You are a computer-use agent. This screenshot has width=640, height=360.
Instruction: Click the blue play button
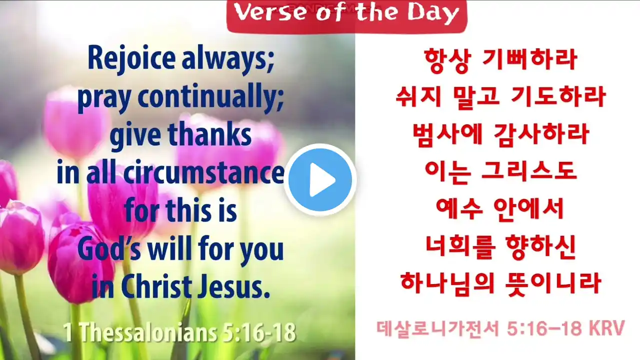pos(320,180)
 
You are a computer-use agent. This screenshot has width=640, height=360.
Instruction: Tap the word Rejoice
pos(131,58)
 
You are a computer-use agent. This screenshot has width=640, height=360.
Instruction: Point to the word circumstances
pos(204,173)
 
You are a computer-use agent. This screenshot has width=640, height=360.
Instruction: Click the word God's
pos(109,249)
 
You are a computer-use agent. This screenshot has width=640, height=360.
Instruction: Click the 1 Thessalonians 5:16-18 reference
pos(179,332)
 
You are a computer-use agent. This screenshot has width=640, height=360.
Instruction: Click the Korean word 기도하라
pos(558,97)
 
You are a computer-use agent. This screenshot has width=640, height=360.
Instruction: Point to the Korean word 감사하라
pos(541,134)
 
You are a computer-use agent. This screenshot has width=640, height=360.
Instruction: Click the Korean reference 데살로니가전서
pos(437,329)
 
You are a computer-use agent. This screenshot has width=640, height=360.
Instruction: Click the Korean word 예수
pos(459,209)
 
